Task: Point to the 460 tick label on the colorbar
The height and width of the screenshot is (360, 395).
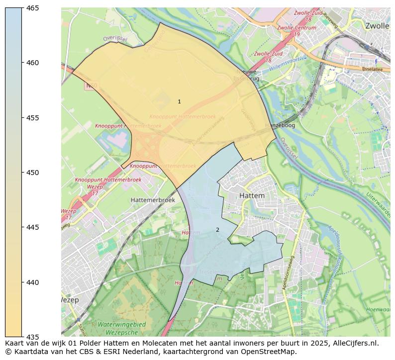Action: [33, 63]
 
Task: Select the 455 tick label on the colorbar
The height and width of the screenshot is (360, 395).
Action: [33, 118]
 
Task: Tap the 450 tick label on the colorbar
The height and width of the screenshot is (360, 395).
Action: [33, 173]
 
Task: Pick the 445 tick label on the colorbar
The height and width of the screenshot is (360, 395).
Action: [33, 227]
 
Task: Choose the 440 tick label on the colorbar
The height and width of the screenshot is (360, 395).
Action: [33, 282]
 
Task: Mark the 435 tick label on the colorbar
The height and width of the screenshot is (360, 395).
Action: [33, 337]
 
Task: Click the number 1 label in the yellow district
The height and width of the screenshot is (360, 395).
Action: [179, 101]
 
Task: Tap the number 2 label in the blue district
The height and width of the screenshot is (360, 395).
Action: [217, 230]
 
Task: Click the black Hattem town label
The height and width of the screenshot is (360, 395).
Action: [252, 196]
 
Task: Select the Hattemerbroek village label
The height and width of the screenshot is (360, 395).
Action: [153, 199]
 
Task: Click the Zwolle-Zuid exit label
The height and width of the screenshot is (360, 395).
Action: [269, 54]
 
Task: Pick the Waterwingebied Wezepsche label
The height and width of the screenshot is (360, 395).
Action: [122, 328]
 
